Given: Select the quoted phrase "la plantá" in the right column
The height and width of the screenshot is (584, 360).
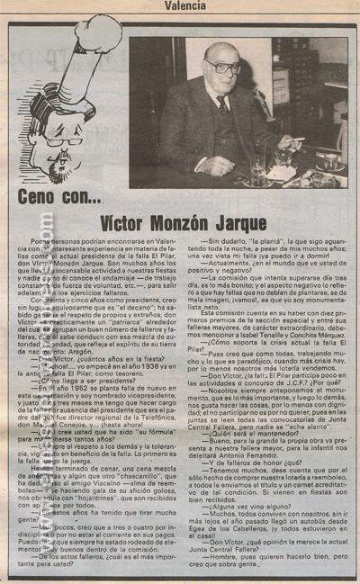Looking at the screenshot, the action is [261, 242].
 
